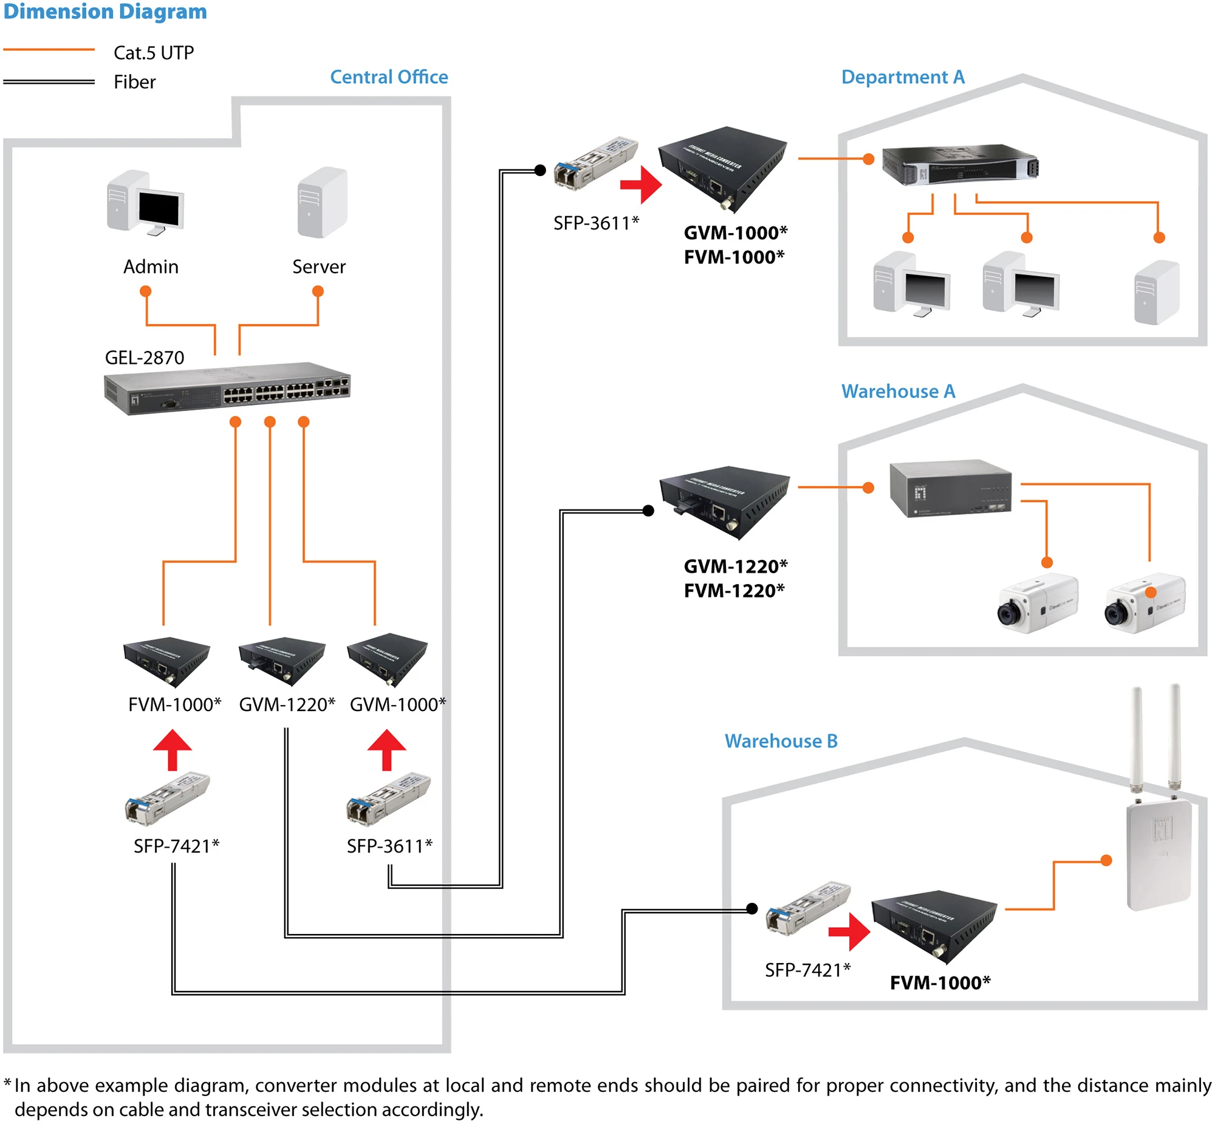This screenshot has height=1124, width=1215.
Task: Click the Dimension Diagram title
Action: click(x=104, y=12)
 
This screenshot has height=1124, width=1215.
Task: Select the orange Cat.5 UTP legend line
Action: click(x=49, y=49)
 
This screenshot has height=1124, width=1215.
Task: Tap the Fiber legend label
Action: click(x=134, y=82)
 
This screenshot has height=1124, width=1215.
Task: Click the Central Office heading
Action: click(x=389, y=77)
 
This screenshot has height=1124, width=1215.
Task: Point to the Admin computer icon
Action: click(x=145, y=203)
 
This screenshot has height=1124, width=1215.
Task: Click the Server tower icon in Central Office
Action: click(x=322, y=203)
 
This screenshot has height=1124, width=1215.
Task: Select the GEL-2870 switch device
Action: click(x=227, y=390)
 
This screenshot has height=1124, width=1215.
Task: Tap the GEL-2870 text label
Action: click(x=144, y=358)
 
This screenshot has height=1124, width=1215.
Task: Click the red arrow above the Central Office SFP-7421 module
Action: click(x=172, y=749)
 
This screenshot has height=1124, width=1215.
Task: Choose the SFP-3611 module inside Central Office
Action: click(x=388, y=799)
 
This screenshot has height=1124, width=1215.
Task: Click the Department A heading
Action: click(x=902, y=77)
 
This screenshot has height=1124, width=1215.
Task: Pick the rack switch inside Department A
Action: click(x=959, y=164)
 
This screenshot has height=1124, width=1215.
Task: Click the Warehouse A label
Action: click(x=898, y=391)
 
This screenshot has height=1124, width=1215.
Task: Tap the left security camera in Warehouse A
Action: click(x=1037, y=604)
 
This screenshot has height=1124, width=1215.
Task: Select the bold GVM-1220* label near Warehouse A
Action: click(x=735, y=567)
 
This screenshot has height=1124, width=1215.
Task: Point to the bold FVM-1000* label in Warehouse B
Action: click(x=939, y=983)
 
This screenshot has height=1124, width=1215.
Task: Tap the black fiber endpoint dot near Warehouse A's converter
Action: click(x=649, y=510)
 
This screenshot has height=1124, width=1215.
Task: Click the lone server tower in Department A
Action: click(x=1157, y=292)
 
